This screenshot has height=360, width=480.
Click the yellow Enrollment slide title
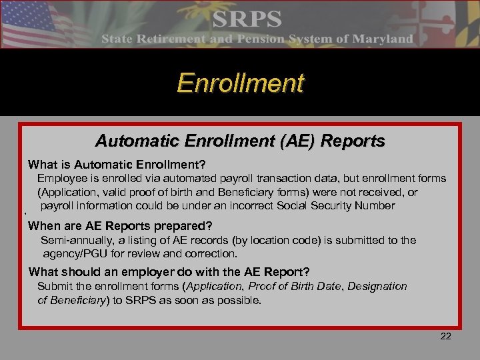point(240,83)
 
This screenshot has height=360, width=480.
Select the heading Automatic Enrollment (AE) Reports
point(240,141)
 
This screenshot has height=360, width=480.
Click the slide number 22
point(446,336)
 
